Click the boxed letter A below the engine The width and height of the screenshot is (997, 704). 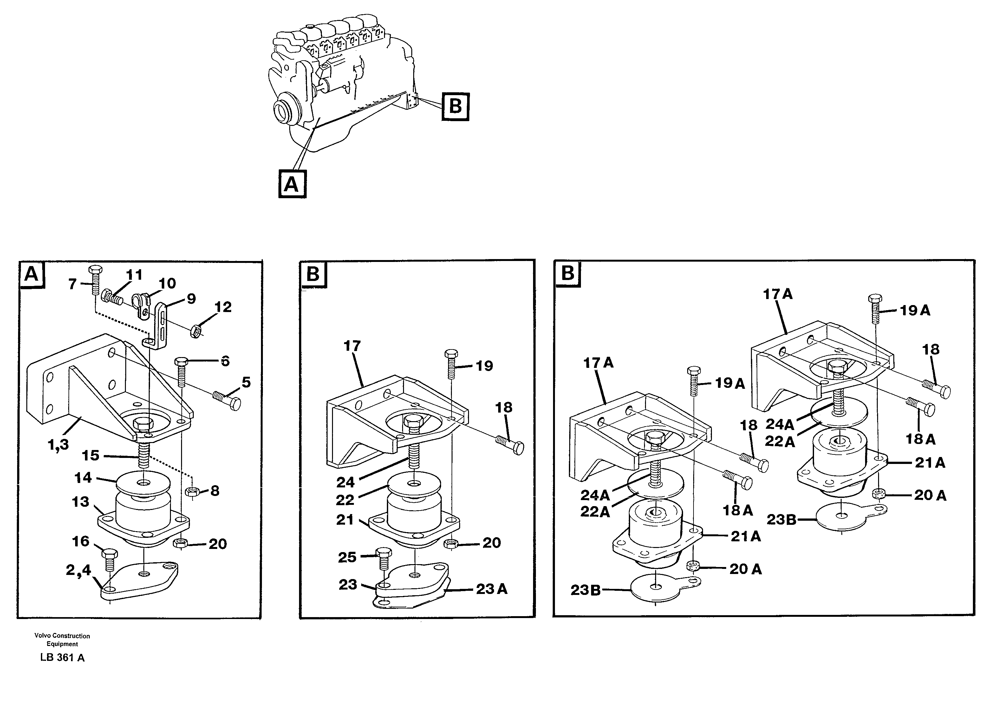(x=292, y=185)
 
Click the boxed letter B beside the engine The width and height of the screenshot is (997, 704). (x=455, y=106)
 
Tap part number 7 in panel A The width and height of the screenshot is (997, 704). (x=73, y=284)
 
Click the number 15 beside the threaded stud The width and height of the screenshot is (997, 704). (x=91, y=456)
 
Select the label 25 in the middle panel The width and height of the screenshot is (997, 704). (x=347, y=557)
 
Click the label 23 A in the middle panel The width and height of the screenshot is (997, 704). (x=492, y=589)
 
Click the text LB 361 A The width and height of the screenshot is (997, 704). (x=62, y=657)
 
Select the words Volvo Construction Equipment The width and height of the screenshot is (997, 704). (x=62, y=640)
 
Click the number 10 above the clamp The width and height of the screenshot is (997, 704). (x=167, y=284)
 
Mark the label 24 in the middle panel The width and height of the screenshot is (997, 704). (x=345, y=482)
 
